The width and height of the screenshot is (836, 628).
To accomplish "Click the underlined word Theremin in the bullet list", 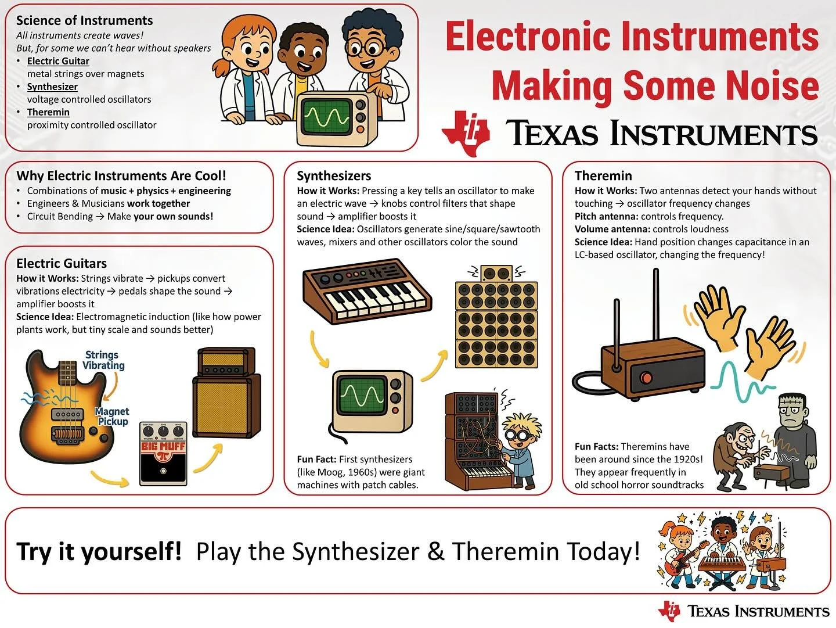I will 48,112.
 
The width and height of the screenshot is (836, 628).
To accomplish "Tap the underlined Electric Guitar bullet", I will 58,61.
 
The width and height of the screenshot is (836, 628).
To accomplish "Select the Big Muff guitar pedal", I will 163,454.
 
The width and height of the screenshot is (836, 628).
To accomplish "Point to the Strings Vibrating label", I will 103,360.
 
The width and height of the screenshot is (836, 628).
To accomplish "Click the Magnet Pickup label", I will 112,416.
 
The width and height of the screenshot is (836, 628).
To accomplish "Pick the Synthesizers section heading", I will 334,175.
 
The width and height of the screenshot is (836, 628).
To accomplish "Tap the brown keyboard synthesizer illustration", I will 367,293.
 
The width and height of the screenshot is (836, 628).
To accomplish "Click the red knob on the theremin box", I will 646,378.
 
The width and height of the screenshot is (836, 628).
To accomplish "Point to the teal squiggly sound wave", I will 737,381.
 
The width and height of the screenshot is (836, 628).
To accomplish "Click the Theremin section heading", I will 603,175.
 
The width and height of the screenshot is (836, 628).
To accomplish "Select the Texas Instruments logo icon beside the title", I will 466,132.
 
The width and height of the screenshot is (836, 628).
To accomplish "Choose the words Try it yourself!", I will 99,551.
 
